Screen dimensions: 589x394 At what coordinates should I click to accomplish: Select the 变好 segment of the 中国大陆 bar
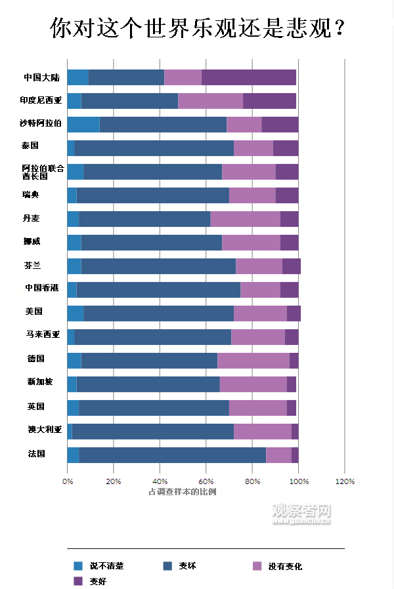click(x=249, y=77)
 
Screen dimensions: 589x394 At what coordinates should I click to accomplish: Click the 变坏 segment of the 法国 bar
click(x=173, y=455)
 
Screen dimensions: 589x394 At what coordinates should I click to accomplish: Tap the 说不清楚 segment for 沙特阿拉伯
click(x=83, y=125)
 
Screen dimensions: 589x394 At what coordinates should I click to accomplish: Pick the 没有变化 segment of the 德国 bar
click(x=253, y=361)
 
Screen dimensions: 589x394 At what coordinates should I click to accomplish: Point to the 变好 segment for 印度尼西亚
click(x=269, y=101)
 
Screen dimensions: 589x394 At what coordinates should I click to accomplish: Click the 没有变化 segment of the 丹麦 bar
click(x=245, y=219)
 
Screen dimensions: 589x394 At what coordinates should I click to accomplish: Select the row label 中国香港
click(x=41, y=288)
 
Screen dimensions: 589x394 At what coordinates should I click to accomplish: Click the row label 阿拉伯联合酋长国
click(x=43, y=172)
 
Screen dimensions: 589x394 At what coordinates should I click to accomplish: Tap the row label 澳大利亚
click(x=45, y=430)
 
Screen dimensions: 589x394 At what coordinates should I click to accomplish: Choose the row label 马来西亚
click(x=43, y=335)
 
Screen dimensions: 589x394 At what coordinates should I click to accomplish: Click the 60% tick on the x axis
click(x=206, y=481)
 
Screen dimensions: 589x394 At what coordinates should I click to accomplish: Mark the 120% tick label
click(x=345, y=481)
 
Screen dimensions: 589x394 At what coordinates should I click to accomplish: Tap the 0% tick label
click(x=68, y=481)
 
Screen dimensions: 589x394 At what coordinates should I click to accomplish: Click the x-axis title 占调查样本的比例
click(x=183, y=491)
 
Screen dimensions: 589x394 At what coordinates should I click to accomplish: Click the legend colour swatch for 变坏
click(x=168, y=565)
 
